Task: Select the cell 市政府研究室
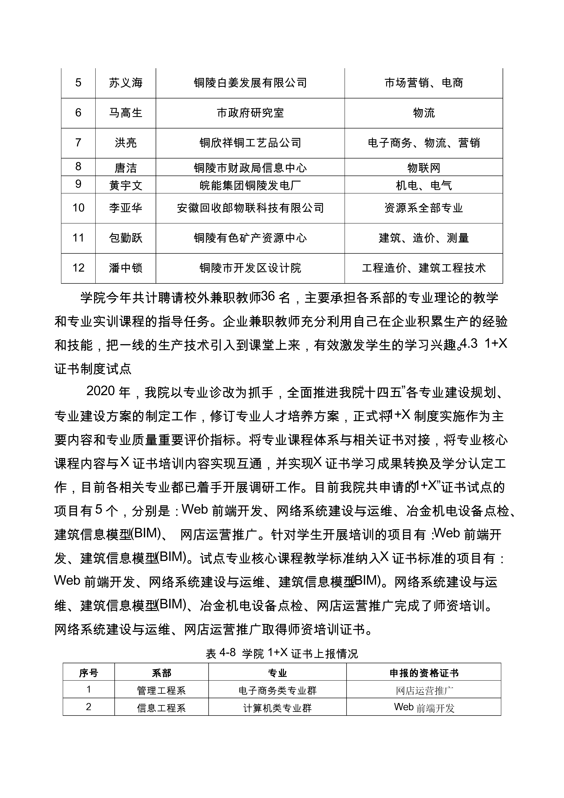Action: click(250, 113)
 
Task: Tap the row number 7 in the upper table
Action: click(78, 143)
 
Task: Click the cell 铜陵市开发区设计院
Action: click(250, 268)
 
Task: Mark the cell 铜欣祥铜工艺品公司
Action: click(250, 143)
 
